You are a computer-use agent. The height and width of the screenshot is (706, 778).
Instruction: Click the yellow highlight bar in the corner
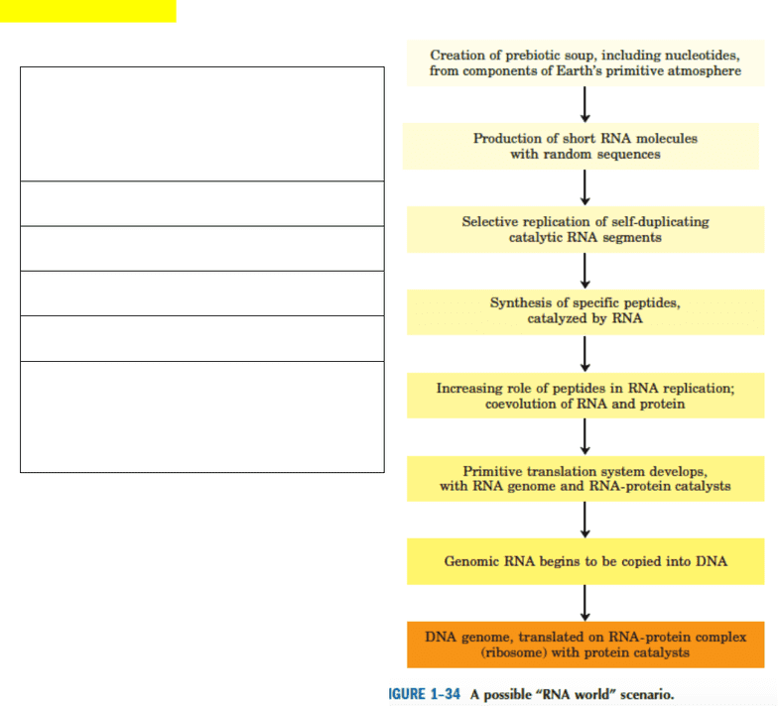pos(87,11)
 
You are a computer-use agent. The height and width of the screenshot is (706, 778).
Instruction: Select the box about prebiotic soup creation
pos(585,63)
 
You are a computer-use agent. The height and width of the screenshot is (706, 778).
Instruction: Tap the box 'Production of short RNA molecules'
pos(581,147)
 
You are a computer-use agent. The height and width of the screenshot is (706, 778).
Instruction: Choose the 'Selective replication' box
pos(585,230)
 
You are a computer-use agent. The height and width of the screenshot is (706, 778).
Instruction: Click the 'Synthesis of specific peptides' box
pos(585,312)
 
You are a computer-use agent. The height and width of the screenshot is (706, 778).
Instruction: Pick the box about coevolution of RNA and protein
pos(585,396)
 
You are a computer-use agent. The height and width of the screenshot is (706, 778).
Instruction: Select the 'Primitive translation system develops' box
pos(585,478)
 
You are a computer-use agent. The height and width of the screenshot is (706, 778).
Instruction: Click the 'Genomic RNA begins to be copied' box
pos(585,561)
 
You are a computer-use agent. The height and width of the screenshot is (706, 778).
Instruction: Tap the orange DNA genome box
pos(585,645)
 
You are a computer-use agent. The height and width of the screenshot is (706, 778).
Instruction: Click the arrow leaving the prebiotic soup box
pos(585,105)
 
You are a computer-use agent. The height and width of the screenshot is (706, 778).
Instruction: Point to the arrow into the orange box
pos(585,603)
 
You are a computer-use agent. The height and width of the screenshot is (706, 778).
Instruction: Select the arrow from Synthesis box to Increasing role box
pos(585,354)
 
